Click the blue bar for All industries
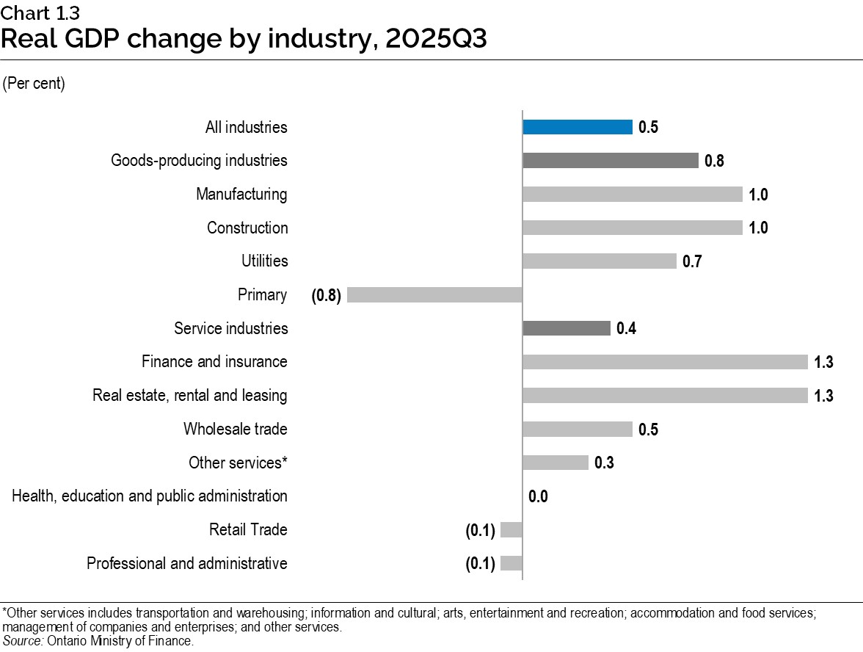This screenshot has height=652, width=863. click(x=577, y=127)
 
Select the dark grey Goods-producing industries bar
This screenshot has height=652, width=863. click(x=610, y=161)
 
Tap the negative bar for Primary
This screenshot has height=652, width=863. click(x=434, y=295)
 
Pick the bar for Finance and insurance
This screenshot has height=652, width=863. click(x=665, y=362)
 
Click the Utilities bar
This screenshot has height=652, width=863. click(x=599, y=261)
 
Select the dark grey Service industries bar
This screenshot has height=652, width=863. click(x=566, y=328)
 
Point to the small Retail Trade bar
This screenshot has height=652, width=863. click(x=511, y=530)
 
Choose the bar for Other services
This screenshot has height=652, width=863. click(x=555, y=463)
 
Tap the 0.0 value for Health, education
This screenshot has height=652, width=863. click(x=538, y=497)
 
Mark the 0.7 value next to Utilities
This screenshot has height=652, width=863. click(x=692, y=261)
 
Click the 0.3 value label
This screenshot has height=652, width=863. click(x=604, y=463)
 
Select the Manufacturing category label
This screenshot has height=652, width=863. click(x=241, y=195)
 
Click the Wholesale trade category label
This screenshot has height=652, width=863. click(x=235, y=429)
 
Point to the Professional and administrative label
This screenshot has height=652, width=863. click(x=186, y=564)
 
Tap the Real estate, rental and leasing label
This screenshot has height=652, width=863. click(x=189, y=396)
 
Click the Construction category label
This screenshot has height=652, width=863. click(x=247, y=228)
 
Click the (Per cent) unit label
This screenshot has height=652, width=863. click(x=34, y=84)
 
